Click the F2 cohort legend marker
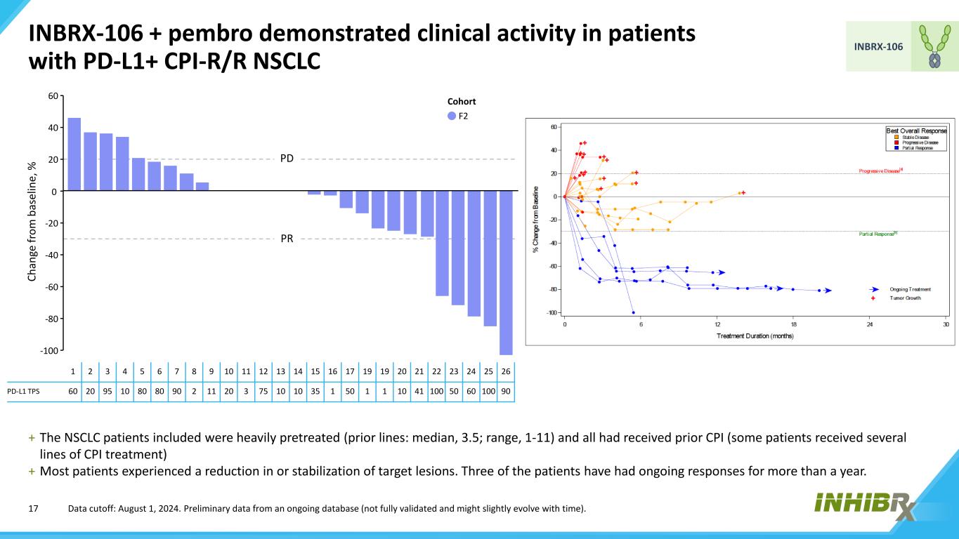452,116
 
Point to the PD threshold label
287,159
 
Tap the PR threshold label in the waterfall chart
287,239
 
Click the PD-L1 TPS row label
24,391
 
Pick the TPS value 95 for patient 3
107,391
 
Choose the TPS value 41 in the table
419,391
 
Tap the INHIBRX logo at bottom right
866,505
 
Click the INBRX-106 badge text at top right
878,46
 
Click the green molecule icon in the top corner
934,46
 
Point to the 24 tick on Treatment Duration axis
870,324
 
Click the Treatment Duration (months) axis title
755,336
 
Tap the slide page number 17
32,508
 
